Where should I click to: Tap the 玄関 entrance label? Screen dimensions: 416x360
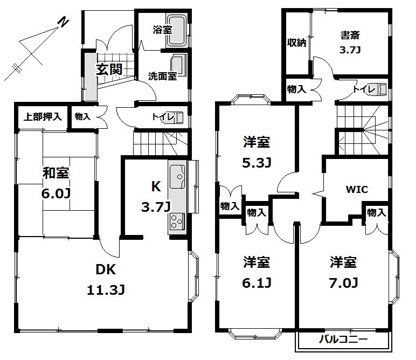109,69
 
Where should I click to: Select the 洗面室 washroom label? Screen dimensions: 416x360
162,77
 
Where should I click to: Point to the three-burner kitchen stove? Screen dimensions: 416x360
177,221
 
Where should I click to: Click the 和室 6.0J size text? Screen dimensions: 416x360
56,193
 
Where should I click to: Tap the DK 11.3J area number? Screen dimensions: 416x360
106,290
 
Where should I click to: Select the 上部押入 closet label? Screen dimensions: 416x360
43,116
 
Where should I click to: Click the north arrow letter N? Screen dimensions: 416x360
63,22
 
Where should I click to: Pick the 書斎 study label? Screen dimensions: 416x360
350,35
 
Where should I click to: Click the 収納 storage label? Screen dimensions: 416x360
296,43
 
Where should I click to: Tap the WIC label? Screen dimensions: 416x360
357,189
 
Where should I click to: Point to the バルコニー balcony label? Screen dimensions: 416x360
343,339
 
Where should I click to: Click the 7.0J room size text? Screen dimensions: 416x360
344,283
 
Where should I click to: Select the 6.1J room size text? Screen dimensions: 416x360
256,283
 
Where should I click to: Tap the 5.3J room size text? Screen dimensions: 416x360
256,163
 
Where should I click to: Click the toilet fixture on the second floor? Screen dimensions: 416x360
379,89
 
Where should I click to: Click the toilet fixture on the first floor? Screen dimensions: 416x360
174,118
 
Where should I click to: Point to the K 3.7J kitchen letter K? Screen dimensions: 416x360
156,186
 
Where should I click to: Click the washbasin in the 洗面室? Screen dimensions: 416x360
178,65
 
